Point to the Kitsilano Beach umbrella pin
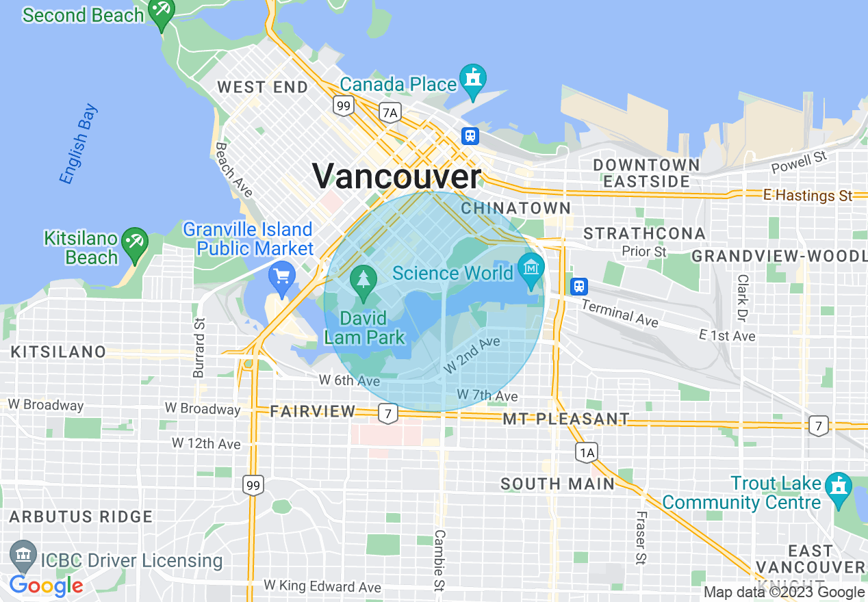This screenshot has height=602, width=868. [x=135, y=242]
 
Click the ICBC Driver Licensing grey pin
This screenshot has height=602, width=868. [x=24, y=555]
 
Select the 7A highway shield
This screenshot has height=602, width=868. [x=390, y=113]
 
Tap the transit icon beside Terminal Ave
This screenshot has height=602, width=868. [x=579, y=285]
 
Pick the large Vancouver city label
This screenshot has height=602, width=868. [x=397, y=176]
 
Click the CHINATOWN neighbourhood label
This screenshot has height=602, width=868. [x=515, y=207]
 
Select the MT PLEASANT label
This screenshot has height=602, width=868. [x=566, y=419]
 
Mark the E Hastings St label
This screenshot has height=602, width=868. [x=808, y=196]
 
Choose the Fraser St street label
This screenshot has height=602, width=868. [x=641, y=538]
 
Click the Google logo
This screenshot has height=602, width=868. [x=46, y=586]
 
